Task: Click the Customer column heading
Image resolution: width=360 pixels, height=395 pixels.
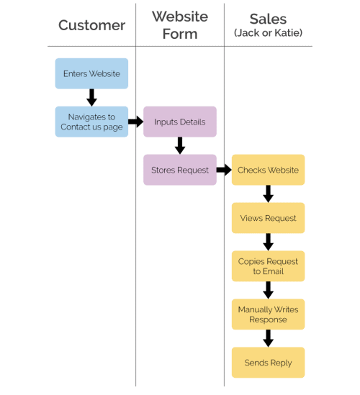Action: (x=91, y=25)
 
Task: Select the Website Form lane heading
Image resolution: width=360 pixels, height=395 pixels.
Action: (x=180, y=24)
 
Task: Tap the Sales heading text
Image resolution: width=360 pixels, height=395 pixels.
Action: (x=268, y=19)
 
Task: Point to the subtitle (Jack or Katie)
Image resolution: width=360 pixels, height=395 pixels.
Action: (x=268, y=32)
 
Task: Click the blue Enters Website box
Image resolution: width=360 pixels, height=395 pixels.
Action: (x=91, y=73)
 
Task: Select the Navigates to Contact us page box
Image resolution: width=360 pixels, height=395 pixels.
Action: (x=91, y=122)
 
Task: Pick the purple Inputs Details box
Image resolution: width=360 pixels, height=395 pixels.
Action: (x=180, y=122)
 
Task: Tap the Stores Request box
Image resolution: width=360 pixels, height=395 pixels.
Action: (x=180, y=170)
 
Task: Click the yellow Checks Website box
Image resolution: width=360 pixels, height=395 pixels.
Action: (x=268, y=170)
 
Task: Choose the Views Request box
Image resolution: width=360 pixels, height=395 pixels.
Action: (x=268, y=218)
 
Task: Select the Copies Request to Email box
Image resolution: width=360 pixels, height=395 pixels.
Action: (x=268, y=266)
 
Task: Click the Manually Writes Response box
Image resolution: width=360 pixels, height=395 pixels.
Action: (x=268, y=314)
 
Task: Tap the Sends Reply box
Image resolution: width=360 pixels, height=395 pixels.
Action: (x=268, y=363)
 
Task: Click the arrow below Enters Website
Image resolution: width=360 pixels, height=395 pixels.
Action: (x=91, y=97)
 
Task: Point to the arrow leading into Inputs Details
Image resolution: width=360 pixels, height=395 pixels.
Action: (x=135, y=122)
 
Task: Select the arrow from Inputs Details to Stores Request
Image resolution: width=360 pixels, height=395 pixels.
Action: (x=180, y=145)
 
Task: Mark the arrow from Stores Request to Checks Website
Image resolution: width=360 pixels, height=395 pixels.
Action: (x=224, y=170)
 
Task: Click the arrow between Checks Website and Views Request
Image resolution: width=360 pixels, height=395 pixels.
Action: (x=268, y=194)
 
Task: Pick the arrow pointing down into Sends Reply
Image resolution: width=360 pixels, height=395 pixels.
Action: (x=268, y=338)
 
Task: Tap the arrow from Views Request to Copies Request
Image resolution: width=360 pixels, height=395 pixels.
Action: (x=268, y=242)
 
